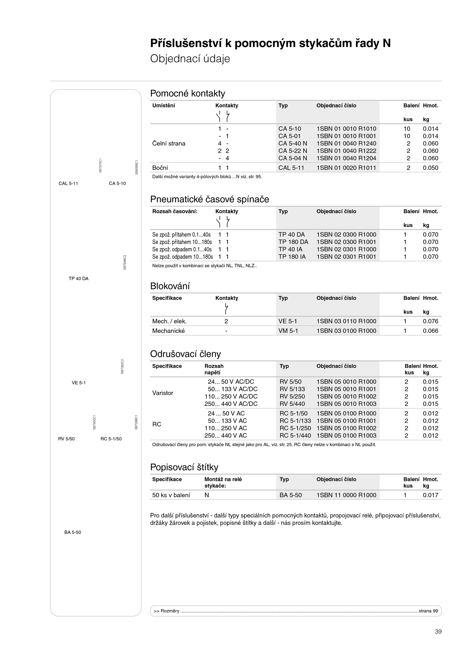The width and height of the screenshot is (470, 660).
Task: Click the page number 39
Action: [x=438, y=631]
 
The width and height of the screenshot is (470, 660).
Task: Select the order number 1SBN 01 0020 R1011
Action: [x=346, y=168]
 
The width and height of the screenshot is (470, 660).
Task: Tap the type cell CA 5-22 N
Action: [x=293, y=151]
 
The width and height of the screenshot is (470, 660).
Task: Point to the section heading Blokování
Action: [x=170, y=286]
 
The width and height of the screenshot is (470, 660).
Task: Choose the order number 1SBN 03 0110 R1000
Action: [x=346, y=321]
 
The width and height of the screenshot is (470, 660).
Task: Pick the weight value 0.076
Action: [x=430, y=321]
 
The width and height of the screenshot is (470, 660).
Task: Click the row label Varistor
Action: [x=163, y=393]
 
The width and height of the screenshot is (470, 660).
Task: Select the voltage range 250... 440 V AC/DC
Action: [x=231, y=404]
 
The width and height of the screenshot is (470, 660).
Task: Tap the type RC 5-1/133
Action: [x=295, y=421]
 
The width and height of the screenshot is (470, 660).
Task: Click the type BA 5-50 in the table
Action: [x=291, y=495]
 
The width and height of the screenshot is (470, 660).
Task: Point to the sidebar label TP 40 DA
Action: [x=78, y=279]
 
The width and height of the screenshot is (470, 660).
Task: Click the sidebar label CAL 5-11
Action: [x=68, y=183]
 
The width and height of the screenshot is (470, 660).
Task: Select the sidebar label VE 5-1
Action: [x=79, y=383]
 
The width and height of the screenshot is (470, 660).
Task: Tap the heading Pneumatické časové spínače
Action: [x=209, y=199]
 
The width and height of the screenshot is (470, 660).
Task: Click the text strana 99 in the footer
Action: [x=428, y=611]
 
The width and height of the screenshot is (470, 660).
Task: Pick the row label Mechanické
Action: [x=168, y=331]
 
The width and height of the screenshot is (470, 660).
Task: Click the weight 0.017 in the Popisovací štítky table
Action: [x=430, y=495]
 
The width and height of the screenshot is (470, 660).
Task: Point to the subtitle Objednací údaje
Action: [x=190, y=59]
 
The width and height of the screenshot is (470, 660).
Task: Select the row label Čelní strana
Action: [x=169, y=143]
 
